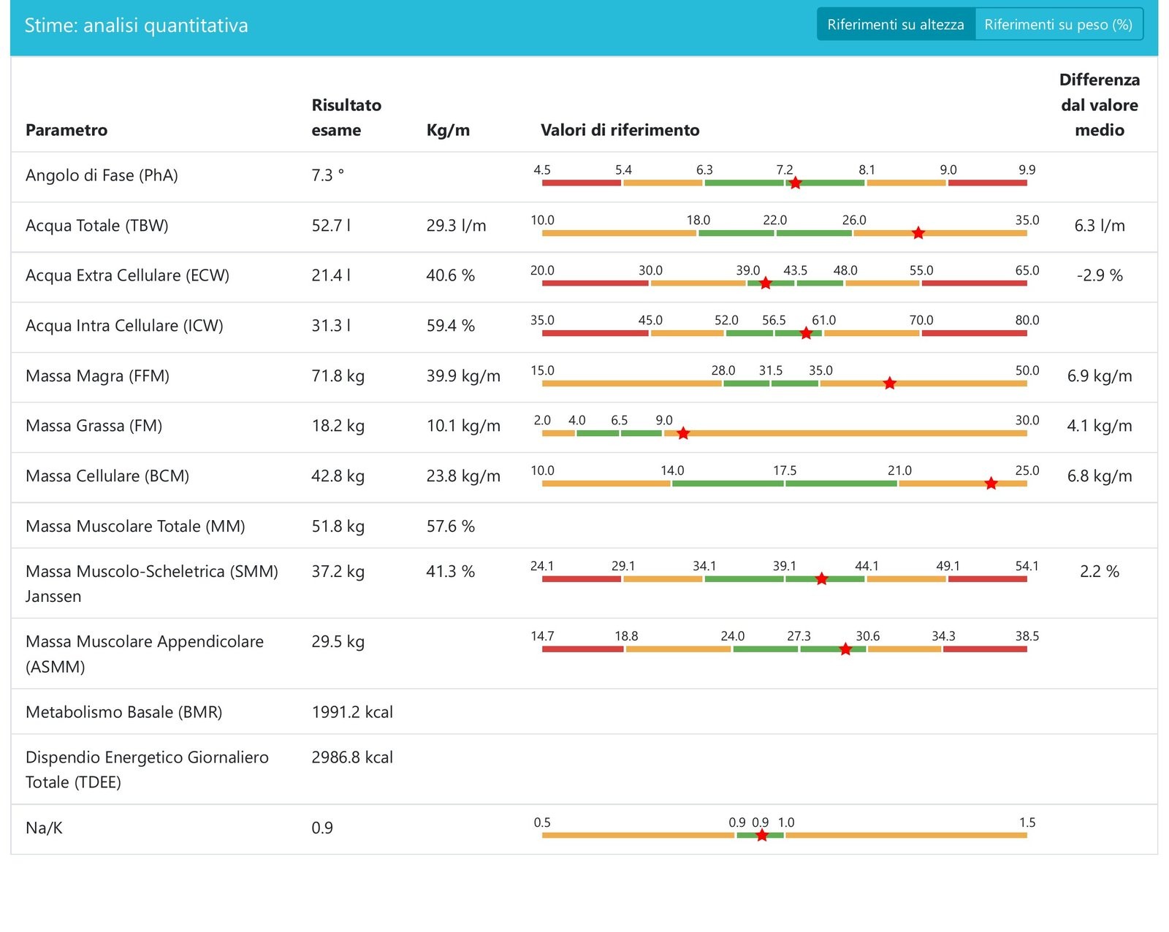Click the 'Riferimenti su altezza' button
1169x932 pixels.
click(895, 24)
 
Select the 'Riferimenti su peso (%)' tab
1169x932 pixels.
click(1058, 24)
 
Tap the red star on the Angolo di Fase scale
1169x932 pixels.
click(795, 183)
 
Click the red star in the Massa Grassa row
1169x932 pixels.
click(683, 433)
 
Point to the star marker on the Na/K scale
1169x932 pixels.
click(761, 836)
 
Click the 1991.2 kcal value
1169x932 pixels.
click(352, 712)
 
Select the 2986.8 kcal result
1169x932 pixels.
click(352, 757)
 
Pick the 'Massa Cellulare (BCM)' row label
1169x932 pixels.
click(107, 476)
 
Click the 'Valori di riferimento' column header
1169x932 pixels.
click(620, 130)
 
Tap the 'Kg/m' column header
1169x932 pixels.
click(448, 130)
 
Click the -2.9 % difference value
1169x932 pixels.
click(1100, 275)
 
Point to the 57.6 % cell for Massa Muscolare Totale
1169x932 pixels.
click(450, 527)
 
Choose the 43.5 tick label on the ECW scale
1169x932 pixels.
click(795, 270)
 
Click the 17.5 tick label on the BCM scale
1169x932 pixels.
click(785, 470)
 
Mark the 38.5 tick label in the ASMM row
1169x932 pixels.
click(1027, 636)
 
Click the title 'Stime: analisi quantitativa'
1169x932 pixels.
click(137, 26)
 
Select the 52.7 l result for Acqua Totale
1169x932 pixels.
click(331, 226)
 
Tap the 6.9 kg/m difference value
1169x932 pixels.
click(1100, 376)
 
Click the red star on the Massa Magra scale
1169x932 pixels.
click(889, 383)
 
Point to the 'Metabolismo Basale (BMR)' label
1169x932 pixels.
click(124, 712)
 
